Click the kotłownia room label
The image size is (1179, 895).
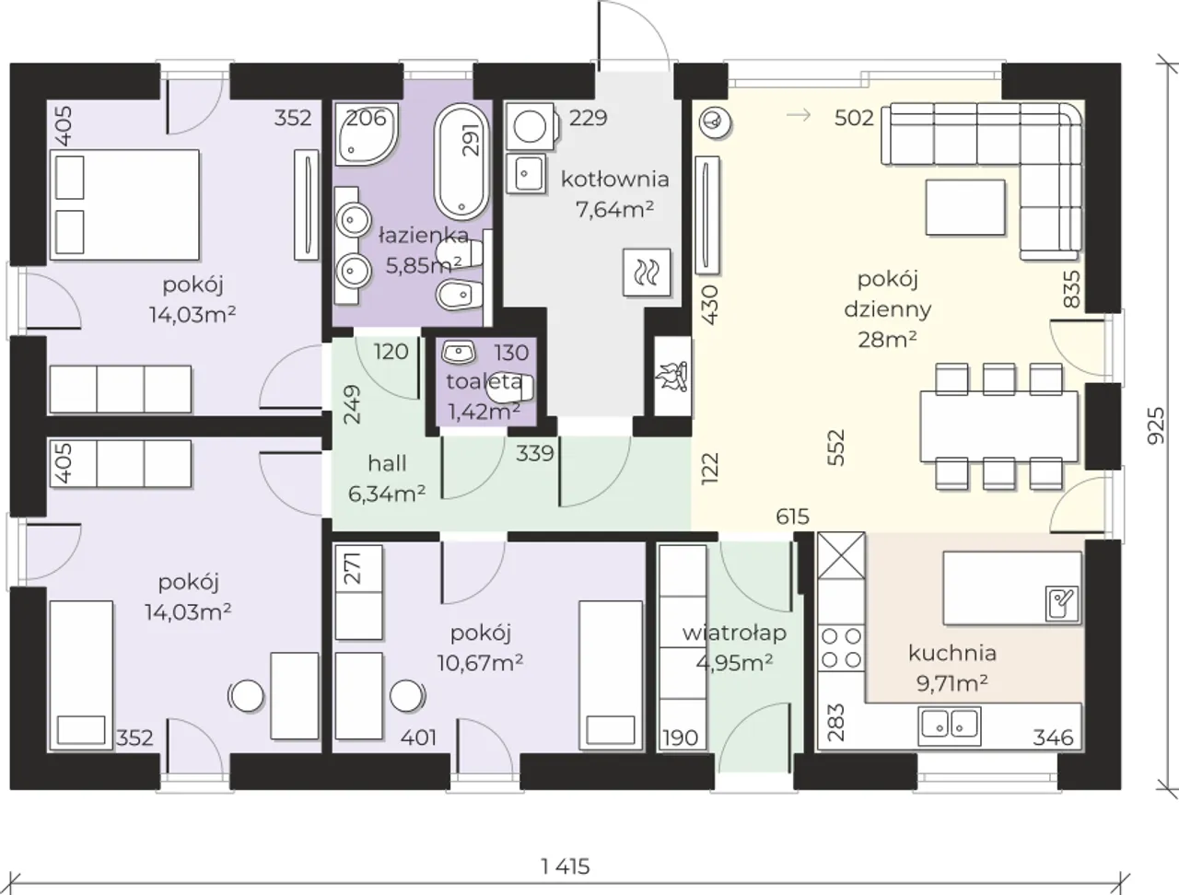tap(615, 179)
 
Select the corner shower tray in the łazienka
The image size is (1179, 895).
tap(367, 134)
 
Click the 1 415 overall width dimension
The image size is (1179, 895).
tap(566, 866)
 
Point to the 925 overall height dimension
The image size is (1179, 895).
tap(1156, 425)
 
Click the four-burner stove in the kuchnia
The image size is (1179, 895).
tap(841, 648)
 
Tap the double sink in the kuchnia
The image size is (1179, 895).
tap(950, 726)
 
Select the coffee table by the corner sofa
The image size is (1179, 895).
tap(965, 207)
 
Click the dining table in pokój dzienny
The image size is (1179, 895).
tap(999, 426)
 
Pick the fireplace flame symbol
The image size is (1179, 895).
tap(672, 376)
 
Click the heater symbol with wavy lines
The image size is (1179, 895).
tap(647, 273)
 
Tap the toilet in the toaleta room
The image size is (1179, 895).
tap(509, 387)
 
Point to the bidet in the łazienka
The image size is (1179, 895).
tap(461, 295)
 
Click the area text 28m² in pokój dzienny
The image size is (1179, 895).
tap(887, 340)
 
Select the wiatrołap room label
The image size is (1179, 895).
tap(735, 633)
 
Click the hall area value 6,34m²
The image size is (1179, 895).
tap(387, 494)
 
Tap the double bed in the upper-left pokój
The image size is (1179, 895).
tap(124, 205)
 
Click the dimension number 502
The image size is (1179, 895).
tap(854, 118)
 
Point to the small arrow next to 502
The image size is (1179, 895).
tap(799, 115)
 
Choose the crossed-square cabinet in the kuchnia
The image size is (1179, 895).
tap(841, 555)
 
